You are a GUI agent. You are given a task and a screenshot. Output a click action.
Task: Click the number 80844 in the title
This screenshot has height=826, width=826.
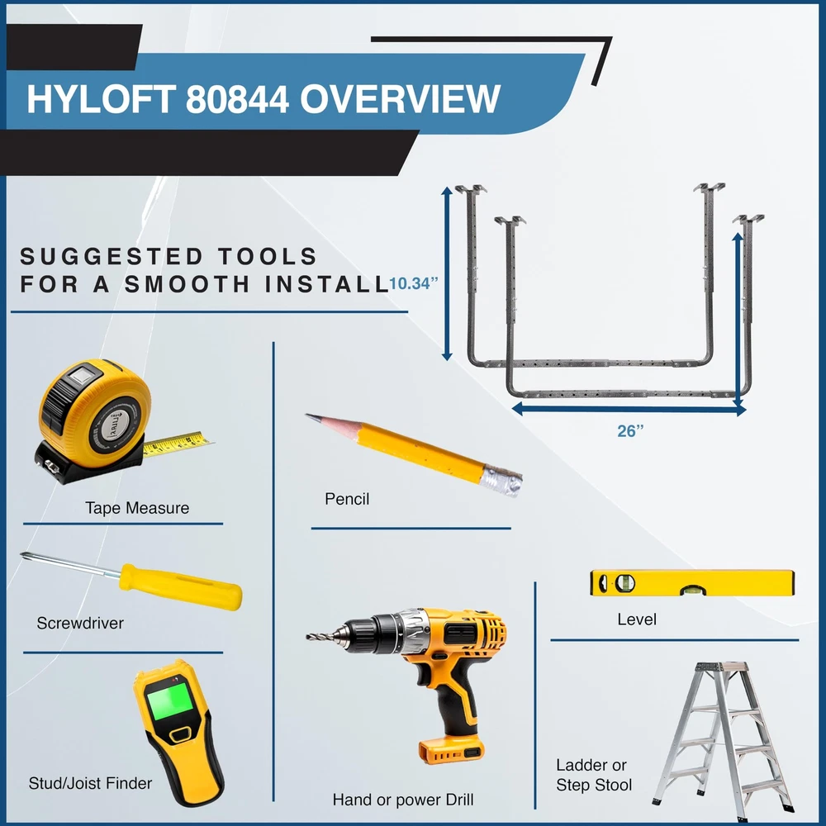[x=237, y=99]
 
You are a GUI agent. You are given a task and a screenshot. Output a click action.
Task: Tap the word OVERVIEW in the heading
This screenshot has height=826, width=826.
[x=400, y=99]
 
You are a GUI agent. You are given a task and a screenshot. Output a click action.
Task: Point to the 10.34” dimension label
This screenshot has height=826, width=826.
[x=414, y=283]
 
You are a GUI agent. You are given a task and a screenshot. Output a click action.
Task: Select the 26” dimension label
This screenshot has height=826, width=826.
[x=630, y=431]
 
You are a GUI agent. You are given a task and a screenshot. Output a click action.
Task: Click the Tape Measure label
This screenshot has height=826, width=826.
[x=137, y=508]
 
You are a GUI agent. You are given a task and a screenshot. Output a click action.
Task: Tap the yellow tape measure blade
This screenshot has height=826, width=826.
[x=178, y=443]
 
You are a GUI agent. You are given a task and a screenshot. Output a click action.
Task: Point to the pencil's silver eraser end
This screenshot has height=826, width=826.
[x=502, y=481]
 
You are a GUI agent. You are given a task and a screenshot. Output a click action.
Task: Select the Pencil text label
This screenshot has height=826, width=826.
[x=347, y=499]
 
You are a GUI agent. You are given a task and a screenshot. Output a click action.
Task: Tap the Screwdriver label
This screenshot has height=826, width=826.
[x=80, y=623]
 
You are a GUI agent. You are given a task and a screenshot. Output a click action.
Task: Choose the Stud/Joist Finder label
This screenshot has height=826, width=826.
[x=90, y=783]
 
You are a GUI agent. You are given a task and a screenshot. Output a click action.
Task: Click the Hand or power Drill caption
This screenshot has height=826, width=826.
[x=403, y=800]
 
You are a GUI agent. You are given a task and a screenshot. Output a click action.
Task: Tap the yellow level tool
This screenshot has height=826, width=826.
[x=692, y=582]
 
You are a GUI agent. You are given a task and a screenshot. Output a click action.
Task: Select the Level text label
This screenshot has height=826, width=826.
[x=637, y=619]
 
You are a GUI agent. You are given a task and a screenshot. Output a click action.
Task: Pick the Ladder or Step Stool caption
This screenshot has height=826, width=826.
[x=594, y=775]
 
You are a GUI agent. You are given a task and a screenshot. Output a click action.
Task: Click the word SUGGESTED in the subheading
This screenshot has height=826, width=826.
[x=112, y=257]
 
